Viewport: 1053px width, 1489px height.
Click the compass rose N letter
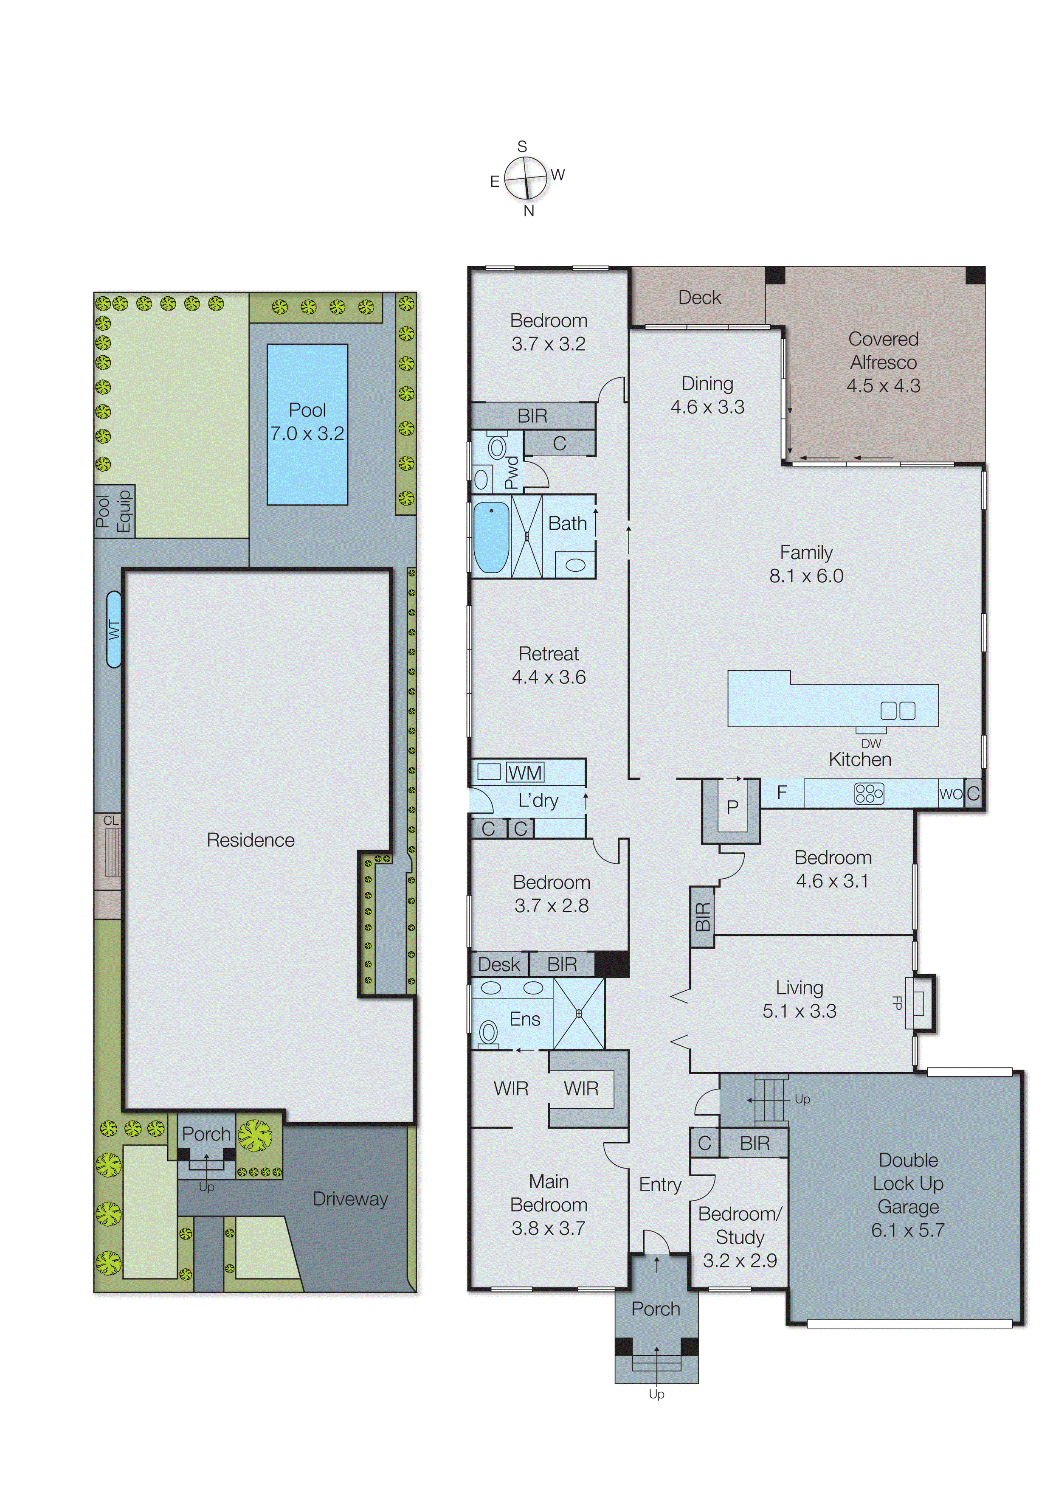[x=529, y=211]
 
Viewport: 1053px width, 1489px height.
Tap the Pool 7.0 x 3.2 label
[x=307, y=421]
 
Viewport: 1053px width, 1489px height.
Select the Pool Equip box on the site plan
[x=114, y=511]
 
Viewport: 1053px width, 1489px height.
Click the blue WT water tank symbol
[x=114, y=629]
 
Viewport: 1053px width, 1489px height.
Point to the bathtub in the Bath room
[x=491, y=537]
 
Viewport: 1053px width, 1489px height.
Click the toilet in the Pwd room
[x=497, y=447]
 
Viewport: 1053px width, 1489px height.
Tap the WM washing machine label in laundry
[x=525, y=773]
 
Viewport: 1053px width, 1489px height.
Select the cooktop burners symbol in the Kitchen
[x=869, y=794]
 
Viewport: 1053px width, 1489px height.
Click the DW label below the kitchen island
[x=871, y=744]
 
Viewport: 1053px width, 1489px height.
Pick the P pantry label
[x=732, y=807]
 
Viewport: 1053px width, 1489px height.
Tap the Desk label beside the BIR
[x=499, y=964]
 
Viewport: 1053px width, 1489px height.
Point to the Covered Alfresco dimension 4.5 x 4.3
[x=883, y=386]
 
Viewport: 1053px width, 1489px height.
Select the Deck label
[x=699, y=298]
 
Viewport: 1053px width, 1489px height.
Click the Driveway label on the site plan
[x=350, y=1199]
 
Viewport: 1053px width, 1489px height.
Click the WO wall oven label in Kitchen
[x=951, y=794]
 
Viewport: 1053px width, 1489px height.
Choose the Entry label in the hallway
[x=660, y=1185]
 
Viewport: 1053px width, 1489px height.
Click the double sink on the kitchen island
[x=898, y=711]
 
